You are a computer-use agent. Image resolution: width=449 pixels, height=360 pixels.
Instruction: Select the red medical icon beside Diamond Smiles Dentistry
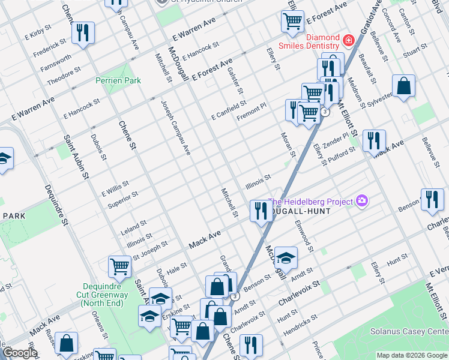pos(349,41)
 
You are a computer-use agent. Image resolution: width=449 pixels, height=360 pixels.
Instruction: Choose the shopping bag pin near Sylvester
pos(404,85)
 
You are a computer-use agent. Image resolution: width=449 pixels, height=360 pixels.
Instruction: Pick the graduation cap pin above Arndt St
pos(286,257)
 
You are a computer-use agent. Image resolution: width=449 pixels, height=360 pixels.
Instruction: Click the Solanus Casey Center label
pos(418,332)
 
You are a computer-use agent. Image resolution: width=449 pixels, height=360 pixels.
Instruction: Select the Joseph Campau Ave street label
pos(175,128)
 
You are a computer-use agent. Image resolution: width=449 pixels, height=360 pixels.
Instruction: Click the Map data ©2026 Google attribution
pos(412,355)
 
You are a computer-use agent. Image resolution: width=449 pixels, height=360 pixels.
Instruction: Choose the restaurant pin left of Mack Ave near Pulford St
pos(373,140)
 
